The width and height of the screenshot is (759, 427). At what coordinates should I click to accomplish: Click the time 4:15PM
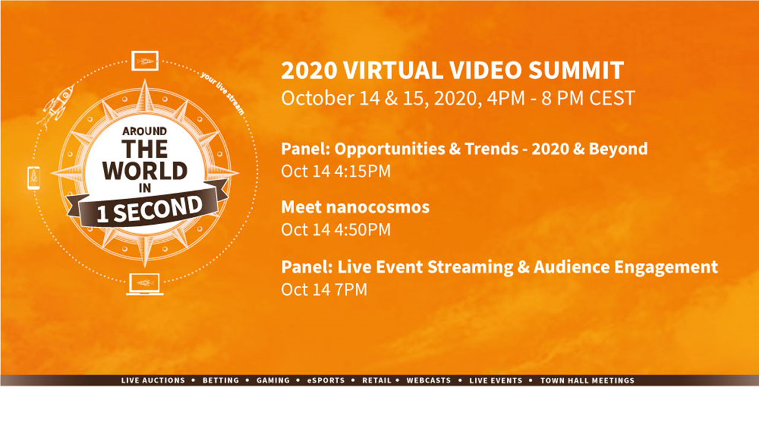coord(361,171)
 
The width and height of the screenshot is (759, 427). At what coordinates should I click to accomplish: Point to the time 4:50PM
coord(361,230)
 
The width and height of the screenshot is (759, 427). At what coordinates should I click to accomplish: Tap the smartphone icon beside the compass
coord(33,178)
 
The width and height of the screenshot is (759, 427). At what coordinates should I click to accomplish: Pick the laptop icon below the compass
coord(145,284)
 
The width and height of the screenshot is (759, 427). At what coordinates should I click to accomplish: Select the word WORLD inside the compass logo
coord(145,170)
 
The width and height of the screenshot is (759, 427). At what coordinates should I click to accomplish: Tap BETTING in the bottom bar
coord(221,381)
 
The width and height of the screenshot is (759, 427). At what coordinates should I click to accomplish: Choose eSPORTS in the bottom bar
coord(326,381)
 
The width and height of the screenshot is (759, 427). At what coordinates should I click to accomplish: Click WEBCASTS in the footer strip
coord(428,381)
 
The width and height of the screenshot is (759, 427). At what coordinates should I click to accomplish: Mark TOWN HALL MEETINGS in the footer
coord(587,381)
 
